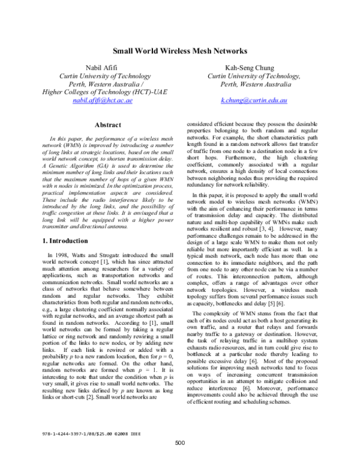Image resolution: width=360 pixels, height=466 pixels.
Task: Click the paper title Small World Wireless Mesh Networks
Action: pyautogui.click(x=180, y=52)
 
